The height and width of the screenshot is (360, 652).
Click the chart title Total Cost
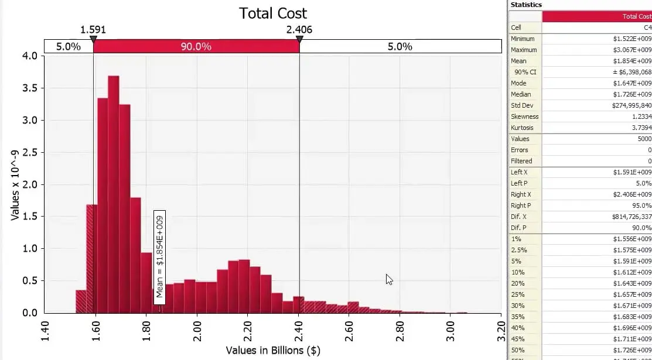pos(272,13)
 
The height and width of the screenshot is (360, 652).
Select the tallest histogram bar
pos(113,193)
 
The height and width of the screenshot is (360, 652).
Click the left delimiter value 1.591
pos(93,29)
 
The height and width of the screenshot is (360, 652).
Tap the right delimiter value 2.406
pos(299,29)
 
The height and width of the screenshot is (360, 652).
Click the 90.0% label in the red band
pos(196,46)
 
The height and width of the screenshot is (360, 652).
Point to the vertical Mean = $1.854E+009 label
pos(159,256)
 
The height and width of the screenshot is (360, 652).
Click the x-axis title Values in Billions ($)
pos(273,350)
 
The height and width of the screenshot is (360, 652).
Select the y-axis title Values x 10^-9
pos(16,184)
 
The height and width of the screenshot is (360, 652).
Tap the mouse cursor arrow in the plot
pos(389,279)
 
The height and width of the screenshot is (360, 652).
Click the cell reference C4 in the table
pos(647,28)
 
